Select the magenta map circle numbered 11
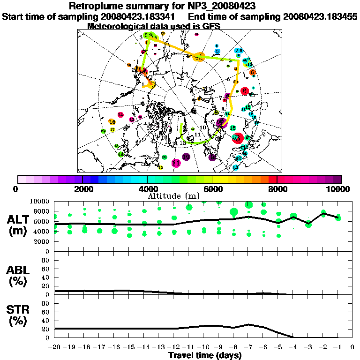176,163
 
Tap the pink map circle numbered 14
120,115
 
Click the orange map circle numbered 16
112,122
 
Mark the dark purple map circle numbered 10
186,157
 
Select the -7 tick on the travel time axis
248,347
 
